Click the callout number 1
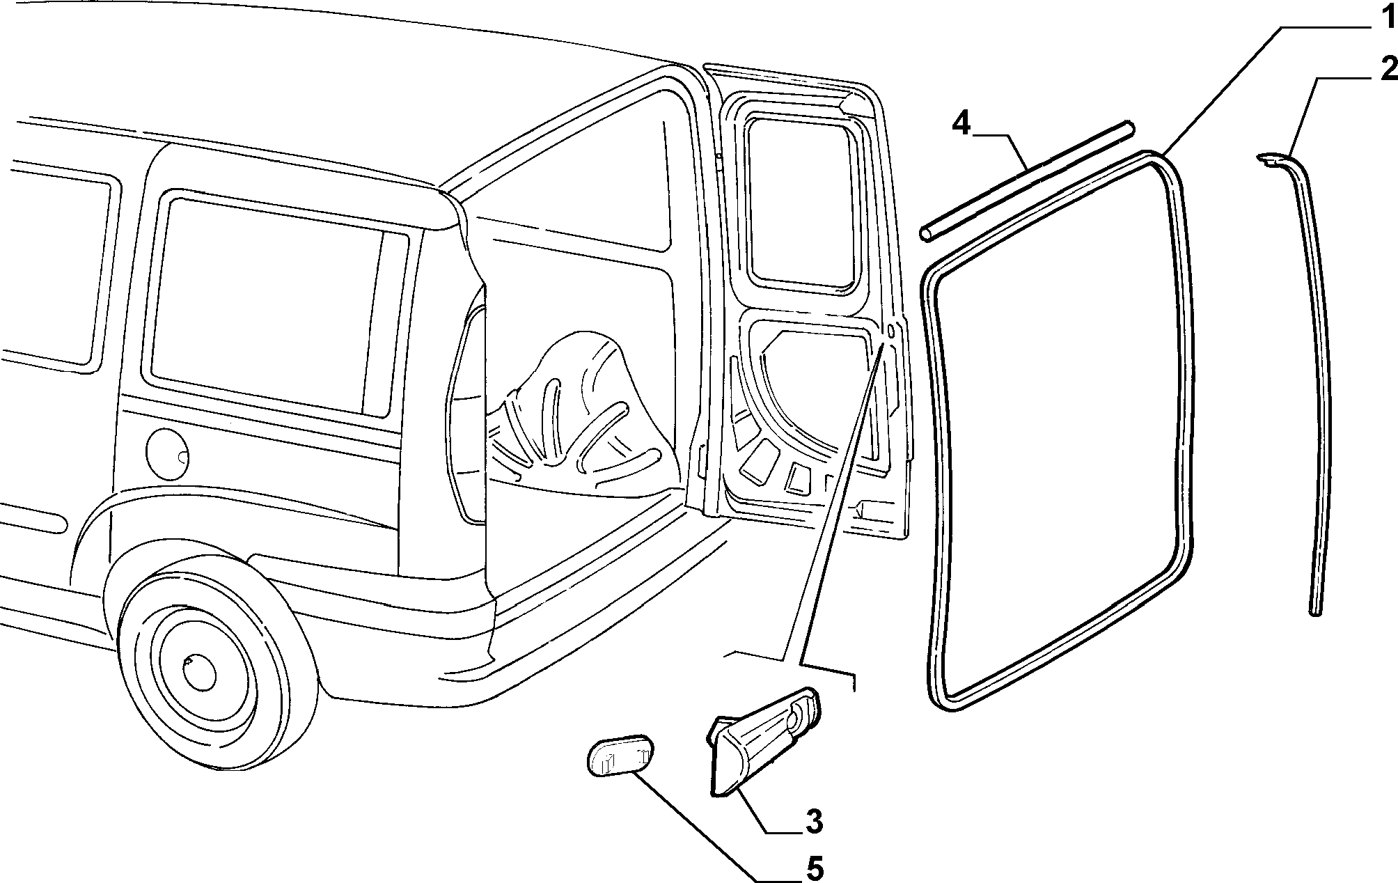pyautogui.click(x=1383, y=16)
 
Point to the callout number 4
pyautogui.click(x=961, y=125)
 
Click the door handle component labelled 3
pyautogui.click(x=764, y=738)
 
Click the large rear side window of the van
pyautogui.click(x=278, y=306)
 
